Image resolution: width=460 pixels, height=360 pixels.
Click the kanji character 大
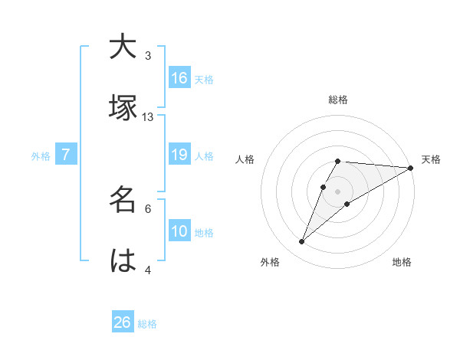(123, 47)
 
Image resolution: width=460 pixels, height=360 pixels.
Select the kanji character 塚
(123, 108)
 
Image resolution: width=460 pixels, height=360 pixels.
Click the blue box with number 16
(179, 78)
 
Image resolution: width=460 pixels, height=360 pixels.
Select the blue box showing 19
(179, 155)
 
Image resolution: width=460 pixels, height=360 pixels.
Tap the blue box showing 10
(179, 232)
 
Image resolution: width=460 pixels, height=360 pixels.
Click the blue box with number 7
(66, 155)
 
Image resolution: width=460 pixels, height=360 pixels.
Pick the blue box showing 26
(123, 322)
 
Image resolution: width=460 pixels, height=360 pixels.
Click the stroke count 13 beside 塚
(148, 116)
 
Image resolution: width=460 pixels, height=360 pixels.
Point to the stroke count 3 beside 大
(148, 56)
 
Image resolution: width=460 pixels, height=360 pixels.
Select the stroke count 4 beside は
(148, 270)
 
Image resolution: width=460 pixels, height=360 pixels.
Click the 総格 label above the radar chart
(338, 100)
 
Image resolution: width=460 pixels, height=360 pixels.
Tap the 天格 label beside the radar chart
(431, 159)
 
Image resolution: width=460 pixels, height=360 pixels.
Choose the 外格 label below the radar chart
(270, 263)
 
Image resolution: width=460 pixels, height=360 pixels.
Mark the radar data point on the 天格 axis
(412, 168)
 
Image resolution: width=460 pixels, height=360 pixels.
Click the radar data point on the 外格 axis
(302, 242)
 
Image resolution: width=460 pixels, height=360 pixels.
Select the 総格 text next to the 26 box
(147, 324)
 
